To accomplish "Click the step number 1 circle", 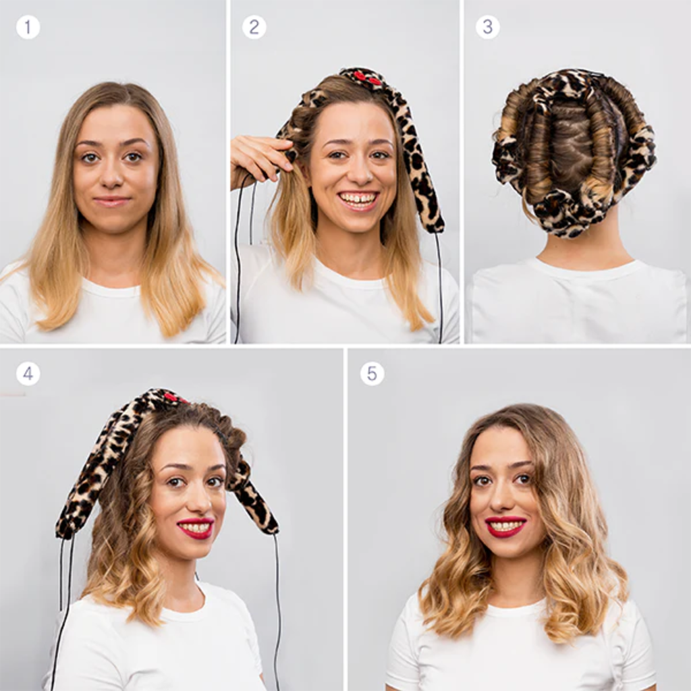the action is (x=28, y=27).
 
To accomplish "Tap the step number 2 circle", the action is (x=254, y=27).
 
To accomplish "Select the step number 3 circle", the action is (x=487, y=27).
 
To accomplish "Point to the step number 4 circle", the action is (x=28, y=374).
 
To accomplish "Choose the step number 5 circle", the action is (x=372, y=374).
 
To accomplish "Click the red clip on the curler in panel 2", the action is (x=366, y=78).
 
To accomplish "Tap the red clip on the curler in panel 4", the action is (x=172, y=398).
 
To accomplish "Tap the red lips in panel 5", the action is (x=505, y=526).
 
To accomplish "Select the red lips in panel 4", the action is (x=196, y=528).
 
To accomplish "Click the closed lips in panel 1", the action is (x=112, y=201).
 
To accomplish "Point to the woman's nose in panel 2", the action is (x=360, y=175).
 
